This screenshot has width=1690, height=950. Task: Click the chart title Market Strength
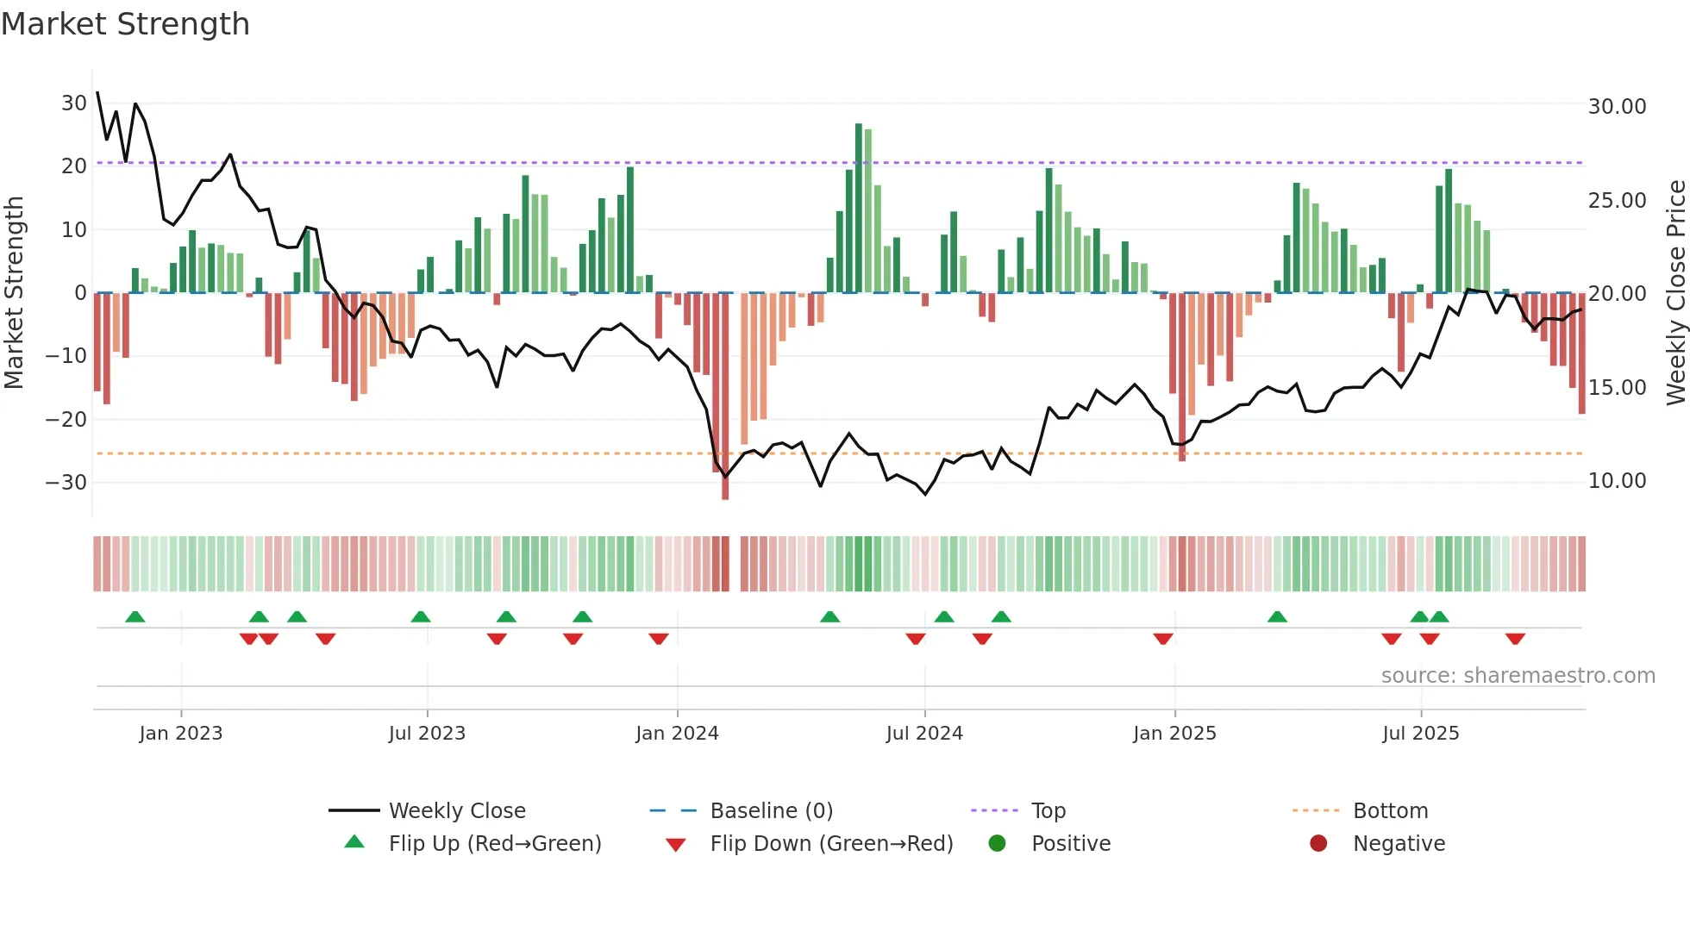(x=125, y=24)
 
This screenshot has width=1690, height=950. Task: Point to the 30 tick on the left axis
(x=74, y=103)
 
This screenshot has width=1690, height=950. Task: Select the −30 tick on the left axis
(x=66, y=483)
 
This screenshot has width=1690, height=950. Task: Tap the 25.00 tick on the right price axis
(x=1617, y=201)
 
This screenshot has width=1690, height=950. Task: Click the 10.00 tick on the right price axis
(x=1617, y=481)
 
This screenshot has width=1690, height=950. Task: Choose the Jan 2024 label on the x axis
(x=677, y=734)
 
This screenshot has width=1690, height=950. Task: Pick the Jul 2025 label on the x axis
(x=1420, y=734)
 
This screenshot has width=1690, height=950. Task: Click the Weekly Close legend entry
(x=456, y=811)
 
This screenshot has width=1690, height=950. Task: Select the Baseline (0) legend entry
(x=771, y=811)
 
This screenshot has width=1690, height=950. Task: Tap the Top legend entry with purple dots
(x=1048, y=811)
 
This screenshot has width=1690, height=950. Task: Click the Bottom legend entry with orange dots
(x=1390, y=811)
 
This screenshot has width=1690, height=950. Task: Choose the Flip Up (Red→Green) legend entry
(x=494, y=844)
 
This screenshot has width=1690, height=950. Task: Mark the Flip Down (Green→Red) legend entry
(x=830, y=844)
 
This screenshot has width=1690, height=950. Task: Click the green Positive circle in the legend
(x=998, y=843)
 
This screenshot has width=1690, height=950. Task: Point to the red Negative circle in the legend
(x=1318, y=843)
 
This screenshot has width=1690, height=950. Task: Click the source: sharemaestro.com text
(x=1518, y=676)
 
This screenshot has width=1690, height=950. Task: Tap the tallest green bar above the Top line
(x=859, y=207)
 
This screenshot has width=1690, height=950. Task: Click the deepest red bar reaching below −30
(x=725, y=397)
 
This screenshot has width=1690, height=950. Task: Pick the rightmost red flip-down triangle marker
(x=1515, y=639)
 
